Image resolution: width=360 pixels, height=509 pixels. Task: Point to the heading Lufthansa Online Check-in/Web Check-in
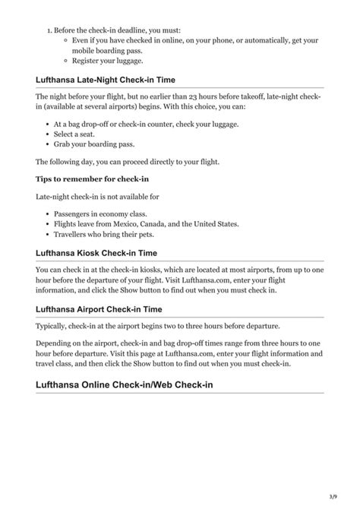click(x=125, y=385)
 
